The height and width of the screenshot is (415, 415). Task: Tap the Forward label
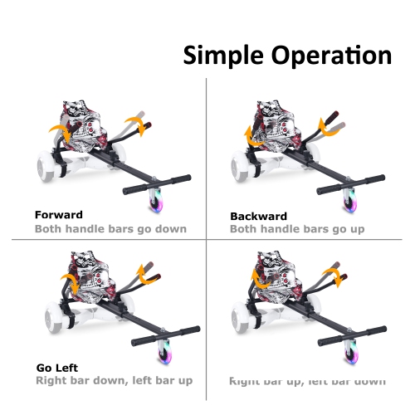[x=59, y=215]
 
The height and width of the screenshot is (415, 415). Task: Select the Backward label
[x=258, y=216]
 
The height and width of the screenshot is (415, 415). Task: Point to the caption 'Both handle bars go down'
[x=110, y=228]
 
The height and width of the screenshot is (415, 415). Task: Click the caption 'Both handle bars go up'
[x=299, y=228]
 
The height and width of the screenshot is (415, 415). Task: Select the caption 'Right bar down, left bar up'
[x=115, y=380]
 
